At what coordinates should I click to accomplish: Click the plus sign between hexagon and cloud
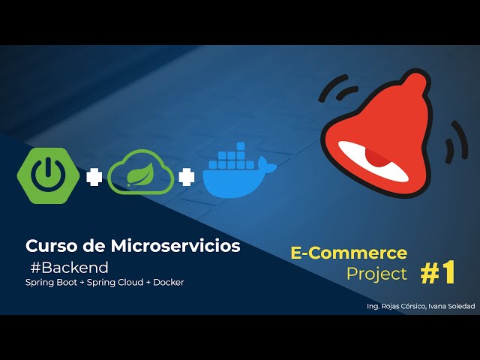pos(93,178)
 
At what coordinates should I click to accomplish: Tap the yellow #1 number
pos(438,274)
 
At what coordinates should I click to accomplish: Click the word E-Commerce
pos(349,253)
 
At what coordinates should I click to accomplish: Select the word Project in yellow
pos(376,274)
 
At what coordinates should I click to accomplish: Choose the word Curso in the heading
pos(47,245)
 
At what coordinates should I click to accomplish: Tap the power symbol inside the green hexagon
pos(47,172)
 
